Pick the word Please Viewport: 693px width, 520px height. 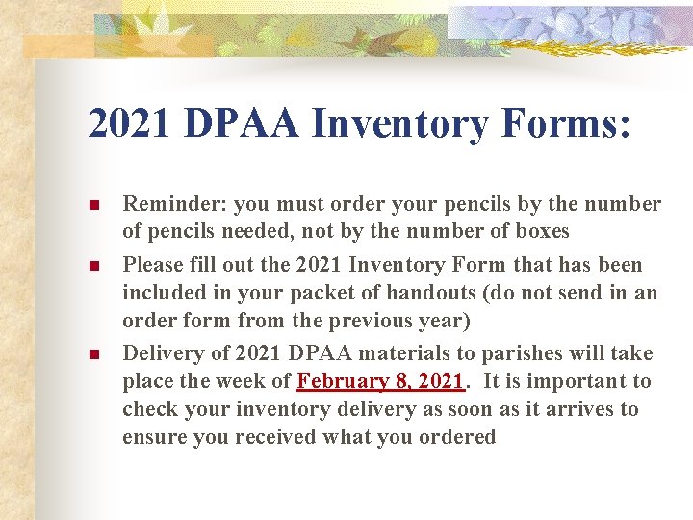tap(153, 265)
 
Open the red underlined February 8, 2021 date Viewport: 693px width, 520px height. tap(381, 381)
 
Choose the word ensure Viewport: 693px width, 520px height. tap(153, 437)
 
